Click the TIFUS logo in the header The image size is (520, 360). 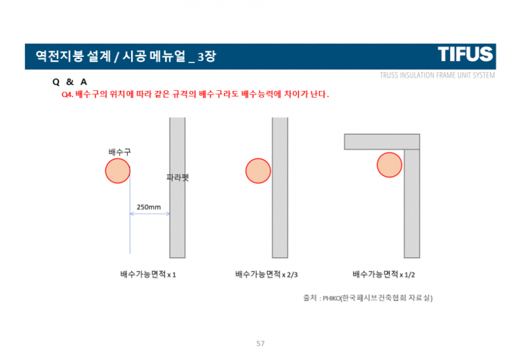tap(465, 54)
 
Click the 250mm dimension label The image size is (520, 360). tap(149, 207)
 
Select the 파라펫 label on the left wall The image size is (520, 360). tap(177, 178)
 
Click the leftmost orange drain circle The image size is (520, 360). tap(118, 171)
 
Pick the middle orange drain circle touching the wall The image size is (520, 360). tap(258, 171)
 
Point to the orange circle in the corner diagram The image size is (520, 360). tap(390, 165)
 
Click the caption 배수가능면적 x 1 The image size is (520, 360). tap(148, 275)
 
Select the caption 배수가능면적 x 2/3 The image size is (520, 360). tap(267, 275)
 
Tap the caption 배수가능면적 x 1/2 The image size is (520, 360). tap(383, 275)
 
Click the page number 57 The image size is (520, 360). tap(261, 343)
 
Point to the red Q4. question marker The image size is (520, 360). tap(67, 94)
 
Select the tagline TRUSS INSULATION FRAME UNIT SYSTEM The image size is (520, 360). tap(437, 75)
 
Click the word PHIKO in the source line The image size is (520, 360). tap(331, 298)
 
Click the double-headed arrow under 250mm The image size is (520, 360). tap(150, 214)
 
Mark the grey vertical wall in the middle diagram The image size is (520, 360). tap(279, 187)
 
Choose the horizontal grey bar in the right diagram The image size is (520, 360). tap(382, 142)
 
